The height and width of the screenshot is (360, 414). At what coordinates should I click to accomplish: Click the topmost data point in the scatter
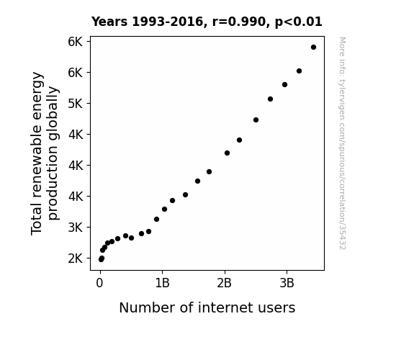(313, 48)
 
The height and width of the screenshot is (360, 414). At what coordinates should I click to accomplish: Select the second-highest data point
(299, 71)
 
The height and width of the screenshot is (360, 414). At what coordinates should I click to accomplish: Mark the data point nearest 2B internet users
(227, 153)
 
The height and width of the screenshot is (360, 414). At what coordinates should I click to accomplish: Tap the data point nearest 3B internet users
(284, 84)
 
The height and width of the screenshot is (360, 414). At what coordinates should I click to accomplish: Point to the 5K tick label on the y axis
(76, 104)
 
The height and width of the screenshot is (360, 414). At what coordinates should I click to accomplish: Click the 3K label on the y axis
(76, 228)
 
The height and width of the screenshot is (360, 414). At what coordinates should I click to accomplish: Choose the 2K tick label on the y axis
(76, 258)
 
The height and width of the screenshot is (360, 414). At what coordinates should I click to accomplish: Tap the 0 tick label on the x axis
(99, 283)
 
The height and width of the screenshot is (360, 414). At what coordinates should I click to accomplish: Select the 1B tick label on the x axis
(162, 283)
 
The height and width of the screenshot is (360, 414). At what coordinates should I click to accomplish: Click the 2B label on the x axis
(224, 283)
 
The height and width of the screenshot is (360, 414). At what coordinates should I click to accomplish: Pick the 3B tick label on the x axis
(287, 283)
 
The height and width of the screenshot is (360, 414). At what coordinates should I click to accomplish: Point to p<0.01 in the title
(298, 22)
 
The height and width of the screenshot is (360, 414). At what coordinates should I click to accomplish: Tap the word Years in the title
(109, 22)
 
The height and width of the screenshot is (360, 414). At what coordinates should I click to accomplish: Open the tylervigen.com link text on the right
(342, 143)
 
